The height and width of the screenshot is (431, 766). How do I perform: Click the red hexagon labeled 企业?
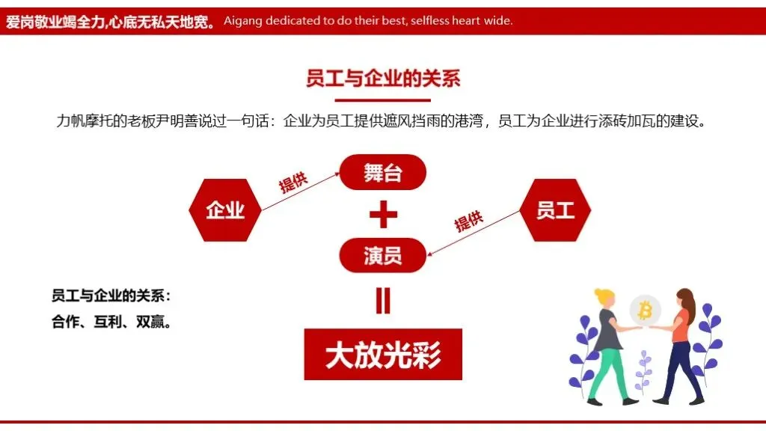pyautogui.click(x=225, y=210)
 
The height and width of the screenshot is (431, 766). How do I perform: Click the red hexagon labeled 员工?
pyautogui.click(x=555, y=210)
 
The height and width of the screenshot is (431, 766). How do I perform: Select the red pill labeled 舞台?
pyautogui.click(x=382, y=173)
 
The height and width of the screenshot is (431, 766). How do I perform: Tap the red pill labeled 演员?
pyautogui.click(x=382, y=255)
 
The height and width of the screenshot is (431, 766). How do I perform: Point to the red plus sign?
pyautogui.click(x=383, y=215)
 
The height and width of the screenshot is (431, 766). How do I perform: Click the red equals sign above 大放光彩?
pyautogui.click(x=383, y=300)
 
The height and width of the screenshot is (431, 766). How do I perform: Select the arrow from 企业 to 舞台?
pyautogui.click(x=299, y=190)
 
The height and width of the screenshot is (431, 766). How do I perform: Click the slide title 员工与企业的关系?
pyautogui.click(x=382, y=79)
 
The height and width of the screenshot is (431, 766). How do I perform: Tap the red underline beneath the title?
pyautogui.click(x=382, y=100)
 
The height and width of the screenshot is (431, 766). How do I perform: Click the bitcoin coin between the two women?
pyautogui.click(x=644, y=309)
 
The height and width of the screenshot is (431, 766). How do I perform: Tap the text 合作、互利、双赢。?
pyautogui.click(x=111, y=323)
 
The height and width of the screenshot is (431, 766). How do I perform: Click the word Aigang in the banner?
pyautogui.click(x=244, y=21)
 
